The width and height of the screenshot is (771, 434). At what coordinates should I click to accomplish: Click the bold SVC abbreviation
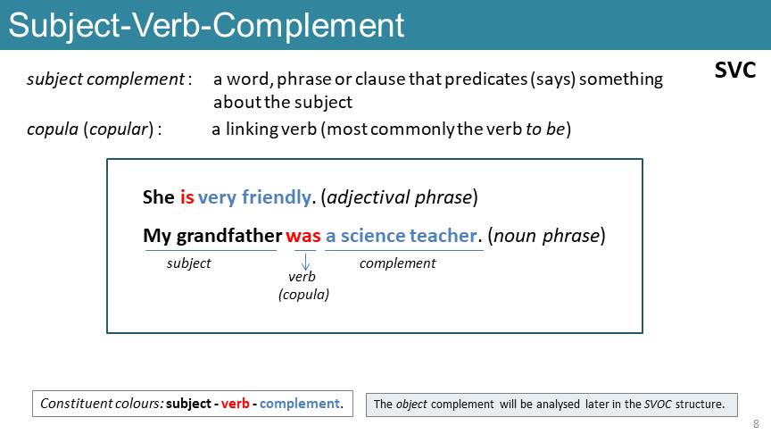[735, 70]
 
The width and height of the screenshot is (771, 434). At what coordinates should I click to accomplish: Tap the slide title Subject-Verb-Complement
[206, 26]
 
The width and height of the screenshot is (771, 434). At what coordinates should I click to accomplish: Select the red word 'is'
[187, 197]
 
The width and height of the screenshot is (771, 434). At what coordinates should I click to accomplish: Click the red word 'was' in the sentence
[303, 236]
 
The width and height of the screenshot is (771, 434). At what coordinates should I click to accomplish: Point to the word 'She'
[158, 197]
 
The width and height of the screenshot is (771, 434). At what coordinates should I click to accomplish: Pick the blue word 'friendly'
[276, 197]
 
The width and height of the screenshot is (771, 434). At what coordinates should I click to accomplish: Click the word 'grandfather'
[229, 236]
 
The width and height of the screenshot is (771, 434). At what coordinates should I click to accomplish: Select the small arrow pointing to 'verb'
[305, 262]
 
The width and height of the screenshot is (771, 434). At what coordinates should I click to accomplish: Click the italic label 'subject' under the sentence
[188, 263]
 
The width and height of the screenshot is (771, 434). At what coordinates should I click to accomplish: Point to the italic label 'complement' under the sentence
[397, 263]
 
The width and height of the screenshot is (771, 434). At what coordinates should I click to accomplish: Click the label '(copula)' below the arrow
[304, 295]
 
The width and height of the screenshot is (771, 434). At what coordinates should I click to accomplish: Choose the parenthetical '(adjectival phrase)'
[399, 197]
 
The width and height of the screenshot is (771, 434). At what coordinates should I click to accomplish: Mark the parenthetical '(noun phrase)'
[547, 236]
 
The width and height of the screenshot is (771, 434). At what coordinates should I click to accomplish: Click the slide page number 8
[756, 423]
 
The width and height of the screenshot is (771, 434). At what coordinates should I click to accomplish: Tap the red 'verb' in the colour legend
[235, 404]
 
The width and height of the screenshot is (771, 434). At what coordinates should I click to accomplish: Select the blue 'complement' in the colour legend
[300, 404]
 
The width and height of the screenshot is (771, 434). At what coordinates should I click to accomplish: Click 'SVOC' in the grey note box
[658, 404]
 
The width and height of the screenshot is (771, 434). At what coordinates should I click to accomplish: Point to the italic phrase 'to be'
[545, 129]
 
